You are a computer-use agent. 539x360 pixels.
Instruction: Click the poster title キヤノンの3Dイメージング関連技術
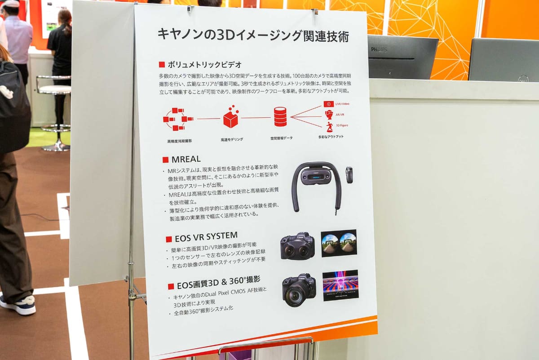[x=252, y=35]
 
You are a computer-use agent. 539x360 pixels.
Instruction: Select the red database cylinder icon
[x=280, y=116]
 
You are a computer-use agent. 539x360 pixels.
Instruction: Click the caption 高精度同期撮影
[x=180, y=141]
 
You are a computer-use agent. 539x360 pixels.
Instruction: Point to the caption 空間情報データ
[x=281, y=138]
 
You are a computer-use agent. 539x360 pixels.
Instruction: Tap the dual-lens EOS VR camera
[x=297, y=246]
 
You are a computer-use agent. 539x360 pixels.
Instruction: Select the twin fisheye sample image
[x=339, y=243]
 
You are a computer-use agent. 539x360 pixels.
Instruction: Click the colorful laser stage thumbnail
[x=340, y=284]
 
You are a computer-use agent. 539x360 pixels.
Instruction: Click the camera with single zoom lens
[x=299, y=290]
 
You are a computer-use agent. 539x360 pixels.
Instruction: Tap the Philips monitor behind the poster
[x=402, y=57]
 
